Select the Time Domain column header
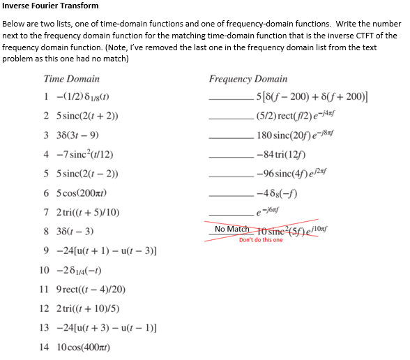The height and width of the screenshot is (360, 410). (x=71, y=79)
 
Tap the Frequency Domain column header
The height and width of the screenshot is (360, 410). (x=248, y=79)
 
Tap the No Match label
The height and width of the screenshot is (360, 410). (x=231, y=230)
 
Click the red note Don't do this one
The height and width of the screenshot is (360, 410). (x=261, y=240)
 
